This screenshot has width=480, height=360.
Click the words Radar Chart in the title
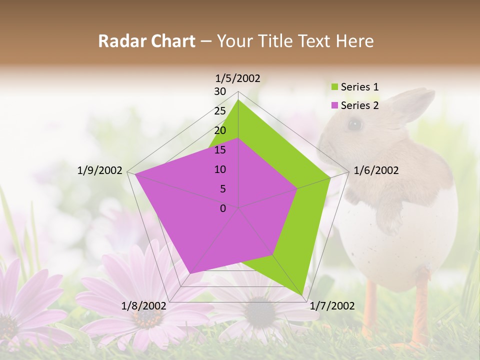pos(146,41)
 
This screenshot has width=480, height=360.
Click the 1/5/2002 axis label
pos(238,78)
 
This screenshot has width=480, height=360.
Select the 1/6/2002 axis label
pos(376,170)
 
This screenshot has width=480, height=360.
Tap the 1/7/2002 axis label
pos(332,305)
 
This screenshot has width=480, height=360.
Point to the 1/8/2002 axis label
pos(144,305)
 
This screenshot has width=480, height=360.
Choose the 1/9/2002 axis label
pos(100,170)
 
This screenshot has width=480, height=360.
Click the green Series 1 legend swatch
pos(333,87)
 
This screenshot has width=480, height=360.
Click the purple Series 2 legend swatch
pos(333,105)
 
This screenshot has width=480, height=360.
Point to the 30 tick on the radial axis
pos(220,91)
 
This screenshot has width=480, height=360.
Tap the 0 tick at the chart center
pos(223,208)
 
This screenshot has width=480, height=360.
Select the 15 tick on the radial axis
pos(220,150)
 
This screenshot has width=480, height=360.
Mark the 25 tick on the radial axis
pos(220,111)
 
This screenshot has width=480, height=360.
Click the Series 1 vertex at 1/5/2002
pos(238,100)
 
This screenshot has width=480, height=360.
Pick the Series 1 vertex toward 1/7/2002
pos(303,295)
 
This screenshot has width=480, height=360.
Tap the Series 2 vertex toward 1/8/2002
pos(190,273)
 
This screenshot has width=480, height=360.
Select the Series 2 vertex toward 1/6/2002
pos(297,188)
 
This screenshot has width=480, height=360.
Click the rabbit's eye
pos(354,123)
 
